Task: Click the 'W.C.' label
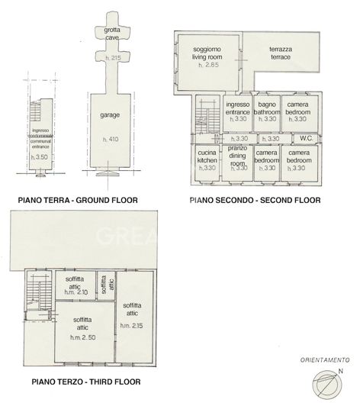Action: click(306, 138)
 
